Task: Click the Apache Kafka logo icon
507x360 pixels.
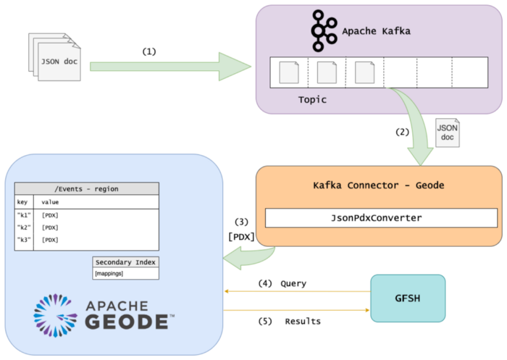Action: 322,30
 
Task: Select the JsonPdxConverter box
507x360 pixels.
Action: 381,218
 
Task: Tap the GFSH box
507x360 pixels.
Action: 408,298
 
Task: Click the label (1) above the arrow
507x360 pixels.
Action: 149,52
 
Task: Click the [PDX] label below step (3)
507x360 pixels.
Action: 240,236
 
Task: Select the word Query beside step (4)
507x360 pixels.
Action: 293,284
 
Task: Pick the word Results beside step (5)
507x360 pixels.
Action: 303,321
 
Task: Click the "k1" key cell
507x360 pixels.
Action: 24,215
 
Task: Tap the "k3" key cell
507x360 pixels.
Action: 24,239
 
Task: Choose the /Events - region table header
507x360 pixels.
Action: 86,189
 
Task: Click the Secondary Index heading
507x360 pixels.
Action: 126,261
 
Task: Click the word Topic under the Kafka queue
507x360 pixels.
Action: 312,100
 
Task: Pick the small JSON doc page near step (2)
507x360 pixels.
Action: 447,133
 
